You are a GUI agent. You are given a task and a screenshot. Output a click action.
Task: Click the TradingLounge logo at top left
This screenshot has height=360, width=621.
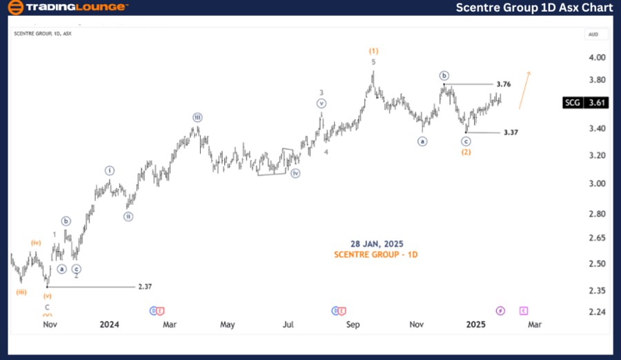point(67,8)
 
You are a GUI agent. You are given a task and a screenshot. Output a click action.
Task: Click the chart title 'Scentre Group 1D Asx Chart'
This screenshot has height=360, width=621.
point(534,8)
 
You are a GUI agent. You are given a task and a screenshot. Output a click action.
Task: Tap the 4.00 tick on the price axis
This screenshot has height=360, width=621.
point(598,57)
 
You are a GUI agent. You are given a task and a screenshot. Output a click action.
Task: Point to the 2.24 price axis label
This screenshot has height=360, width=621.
point(598,312)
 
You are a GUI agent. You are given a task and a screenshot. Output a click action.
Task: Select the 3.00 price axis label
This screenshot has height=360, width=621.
point(598,183)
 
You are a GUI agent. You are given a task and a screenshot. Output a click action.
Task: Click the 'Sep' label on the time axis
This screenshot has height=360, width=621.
point(353,324)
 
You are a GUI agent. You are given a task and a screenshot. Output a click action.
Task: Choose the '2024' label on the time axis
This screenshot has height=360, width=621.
point(109,324)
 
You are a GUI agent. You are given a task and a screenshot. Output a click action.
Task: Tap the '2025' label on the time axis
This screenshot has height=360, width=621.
point(476,324)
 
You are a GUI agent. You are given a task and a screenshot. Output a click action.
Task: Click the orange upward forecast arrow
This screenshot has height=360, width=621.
point(524,90)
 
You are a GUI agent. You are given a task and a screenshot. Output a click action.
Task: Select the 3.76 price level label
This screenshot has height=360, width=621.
point(503,84)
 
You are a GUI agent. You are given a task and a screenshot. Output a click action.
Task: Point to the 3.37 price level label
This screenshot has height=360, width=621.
point(511,132)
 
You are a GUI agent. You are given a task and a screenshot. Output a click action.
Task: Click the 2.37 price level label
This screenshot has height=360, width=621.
point(145,286)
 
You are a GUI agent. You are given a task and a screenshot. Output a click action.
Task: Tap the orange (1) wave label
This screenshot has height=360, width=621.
point(373,51)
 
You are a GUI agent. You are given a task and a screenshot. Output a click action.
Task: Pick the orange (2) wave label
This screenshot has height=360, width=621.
point(466,152)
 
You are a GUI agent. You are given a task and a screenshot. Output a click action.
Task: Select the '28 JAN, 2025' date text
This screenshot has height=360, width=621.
point(377,244)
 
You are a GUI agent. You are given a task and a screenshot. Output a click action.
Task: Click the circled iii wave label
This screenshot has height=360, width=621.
point(197,117)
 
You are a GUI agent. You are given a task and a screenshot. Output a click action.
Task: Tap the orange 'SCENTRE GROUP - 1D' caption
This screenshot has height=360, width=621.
point(377,255)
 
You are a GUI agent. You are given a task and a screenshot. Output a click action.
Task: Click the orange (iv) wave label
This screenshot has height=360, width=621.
point(36,243)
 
